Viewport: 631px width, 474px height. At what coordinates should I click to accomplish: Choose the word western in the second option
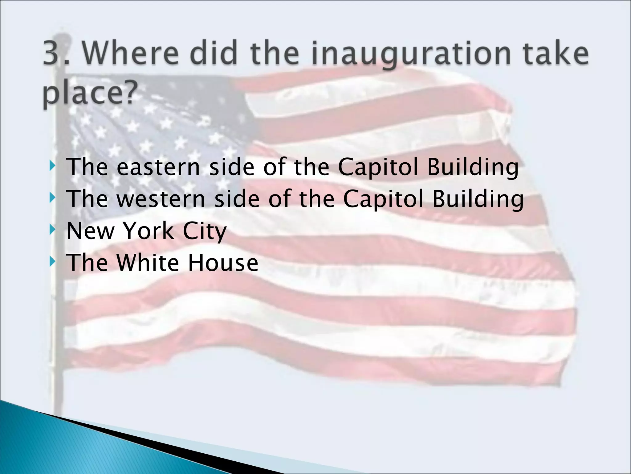point(161,199)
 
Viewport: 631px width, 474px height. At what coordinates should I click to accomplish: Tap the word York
point(148,231)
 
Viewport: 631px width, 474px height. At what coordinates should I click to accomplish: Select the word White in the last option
point(148,263)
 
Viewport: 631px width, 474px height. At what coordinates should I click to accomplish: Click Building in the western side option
point(478,199)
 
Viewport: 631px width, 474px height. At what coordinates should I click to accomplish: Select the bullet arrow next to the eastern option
point(53,166)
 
